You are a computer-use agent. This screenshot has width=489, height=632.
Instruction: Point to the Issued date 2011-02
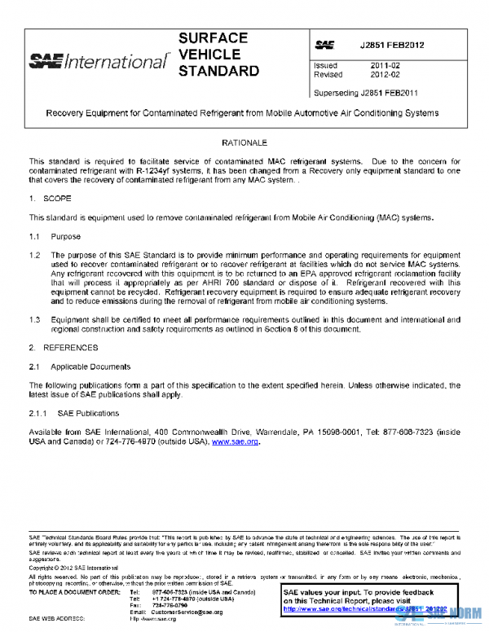coord(385,65)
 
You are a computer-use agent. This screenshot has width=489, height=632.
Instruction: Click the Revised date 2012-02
coord(385,74)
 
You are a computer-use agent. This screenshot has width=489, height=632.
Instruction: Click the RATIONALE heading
coord(244,143)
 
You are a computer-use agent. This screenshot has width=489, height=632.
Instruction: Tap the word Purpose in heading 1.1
coord(66,236)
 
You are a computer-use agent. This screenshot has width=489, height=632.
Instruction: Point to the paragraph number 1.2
coord(34,255)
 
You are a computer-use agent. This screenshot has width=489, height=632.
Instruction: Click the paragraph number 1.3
coord(34,320)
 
